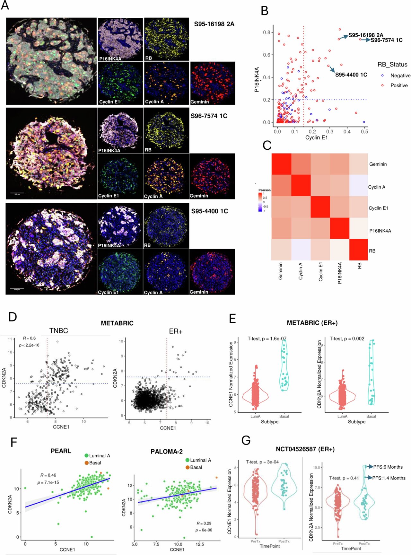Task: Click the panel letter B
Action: click(264, 11)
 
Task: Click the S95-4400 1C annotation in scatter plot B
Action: click(351, 75)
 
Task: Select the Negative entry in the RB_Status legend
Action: click(400, 75)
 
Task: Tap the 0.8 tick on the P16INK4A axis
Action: click(267, 32)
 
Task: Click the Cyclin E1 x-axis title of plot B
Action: click(316, 137)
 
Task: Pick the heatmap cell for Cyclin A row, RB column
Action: click(358, 185)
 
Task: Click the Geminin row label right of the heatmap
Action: click(378, 164)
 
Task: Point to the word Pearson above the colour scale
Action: click(264, 190)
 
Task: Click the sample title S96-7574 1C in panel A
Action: click(209, 116)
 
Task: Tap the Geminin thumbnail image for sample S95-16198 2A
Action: click(212, 83)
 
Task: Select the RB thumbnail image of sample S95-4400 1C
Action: click(166, 225)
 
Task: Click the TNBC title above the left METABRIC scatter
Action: click(58, 331)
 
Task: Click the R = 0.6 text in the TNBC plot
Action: click(29, 338)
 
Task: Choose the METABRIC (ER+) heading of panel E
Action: click(312, 323)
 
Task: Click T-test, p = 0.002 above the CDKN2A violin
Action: click(347, 339)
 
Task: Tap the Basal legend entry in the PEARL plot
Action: click(95, 463)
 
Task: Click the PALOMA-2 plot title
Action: click(166, 452)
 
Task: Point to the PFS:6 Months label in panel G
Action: click(388, 467)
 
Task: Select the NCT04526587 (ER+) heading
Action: click(305, 449)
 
